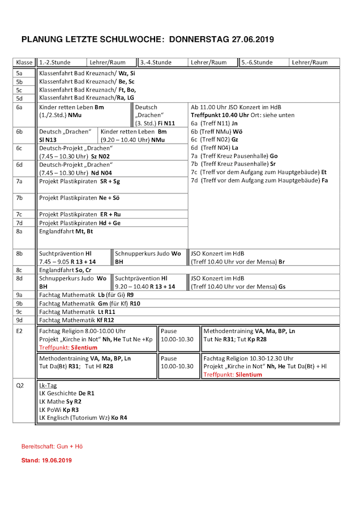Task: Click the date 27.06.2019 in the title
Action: pyautogui.click(x=252, y=40)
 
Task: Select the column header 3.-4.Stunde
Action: pyautogui.click(x=156, y=63)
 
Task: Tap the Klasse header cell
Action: pyautogui.click(x=24, y=63)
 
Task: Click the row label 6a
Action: pyautogui.click(x=19, y=107)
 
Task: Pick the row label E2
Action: pyautogui.click(x=20, y=330)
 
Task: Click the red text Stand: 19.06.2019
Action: pyautogui.click(x=46, y=461)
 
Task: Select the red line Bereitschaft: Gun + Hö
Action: pyautogui.click(x=52, y=446)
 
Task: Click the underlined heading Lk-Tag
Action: pyautogui.click(x=48, y=385)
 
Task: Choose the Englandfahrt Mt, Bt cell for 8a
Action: pyautogui.click(x=66, y=231)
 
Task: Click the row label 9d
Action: pyautogui.click(x=19, y=320)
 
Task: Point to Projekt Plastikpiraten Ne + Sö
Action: pyautogui.click(x=79, y=198)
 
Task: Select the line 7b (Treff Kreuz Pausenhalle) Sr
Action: pyautogui.click(x=233, y=164)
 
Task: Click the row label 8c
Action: pyautogui.click(x=19, y=270)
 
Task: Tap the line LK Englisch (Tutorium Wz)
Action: pyautogui.click(x=83, y=417)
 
